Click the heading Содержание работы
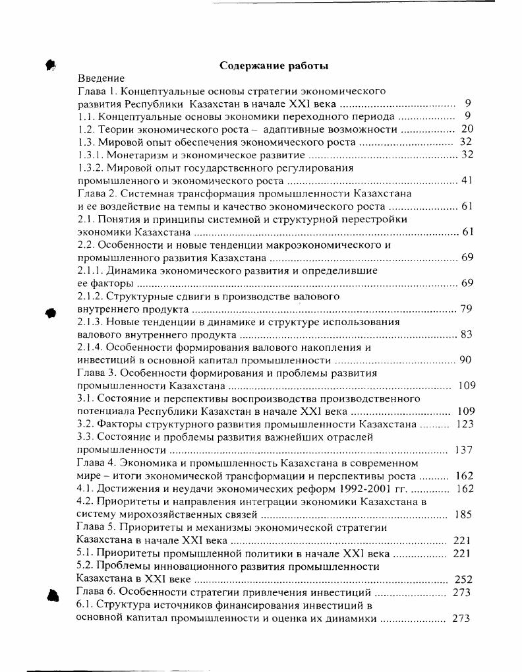point(274,65)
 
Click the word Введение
point(101,78)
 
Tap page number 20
point(467,129)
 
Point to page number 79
point(467,309)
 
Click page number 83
point(467,334)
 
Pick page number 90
point(465,360)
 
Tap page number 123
point(465,424)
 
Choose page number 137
point(464,450)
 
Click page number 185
point(463,514)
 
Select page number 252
point(464,579)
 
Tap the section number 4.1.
point(86,489)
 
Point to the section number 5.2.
point(86,566)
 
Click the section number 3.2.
point(86,424)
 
